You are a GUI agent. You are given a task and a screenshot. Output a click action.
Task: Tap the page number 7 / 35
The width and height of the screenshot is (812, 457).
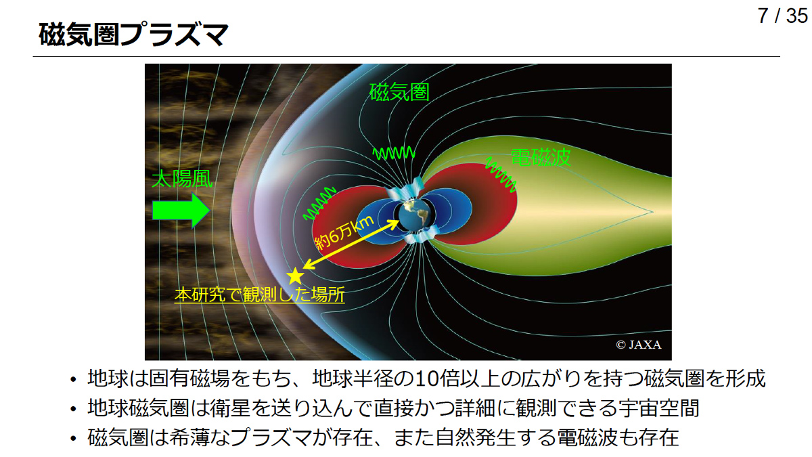click(782, 17)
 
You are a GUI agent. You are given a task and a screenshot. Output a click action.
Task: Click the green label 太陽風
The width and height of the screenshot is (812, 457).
click(182, 179)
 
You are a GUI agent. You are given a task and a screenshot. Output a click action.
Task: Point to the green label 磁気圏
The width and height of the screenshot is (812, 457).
click(399, 92)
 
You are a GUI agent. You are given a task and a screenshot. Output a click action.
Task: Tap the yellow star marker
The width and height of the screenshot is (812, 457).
click(295, 276)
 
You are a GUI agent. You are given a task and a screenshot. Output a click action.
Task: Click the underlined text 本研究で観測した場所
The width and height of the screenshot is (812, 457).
click(259, 295)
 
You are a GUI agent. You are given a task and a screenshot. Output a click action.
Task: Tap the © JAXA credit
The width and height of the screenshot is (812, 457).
click(638, 345)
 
